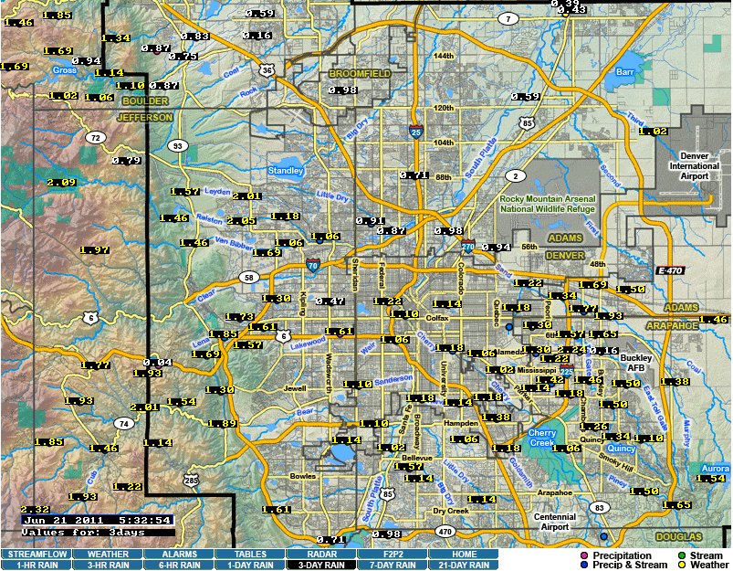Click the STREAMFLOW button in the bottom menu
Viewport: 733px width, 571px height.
[x=36, y=554]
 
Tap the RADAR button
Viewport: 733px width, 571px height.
[x=321, y=554]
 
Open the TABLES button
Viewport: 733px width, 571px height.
[x=250, y=554]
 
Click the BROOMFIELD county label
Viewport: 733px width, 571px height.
[x=359, y=73]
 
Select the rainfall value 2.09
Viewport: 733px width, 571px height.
[x=61, y=183]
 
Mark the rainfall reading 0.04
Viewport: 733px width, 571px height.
[x=157, y=363]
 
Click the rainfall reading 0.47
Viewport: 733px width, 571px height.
[x=330, y=301]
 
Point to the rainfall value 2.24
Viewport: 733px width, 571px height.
[x=571, y=350]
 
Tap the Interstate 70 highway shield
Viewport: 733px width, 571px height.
[x=313, y=267]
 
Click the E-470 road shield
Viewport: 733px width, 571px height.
[x=668, y=271]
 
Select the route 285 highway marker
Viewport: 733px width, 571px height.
[x=190, y=479]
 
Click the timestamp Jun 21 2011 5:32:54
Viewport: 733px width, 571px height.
[x=97, y=520]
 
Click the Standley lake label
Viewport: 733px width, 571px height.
[x=286, y=170]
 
